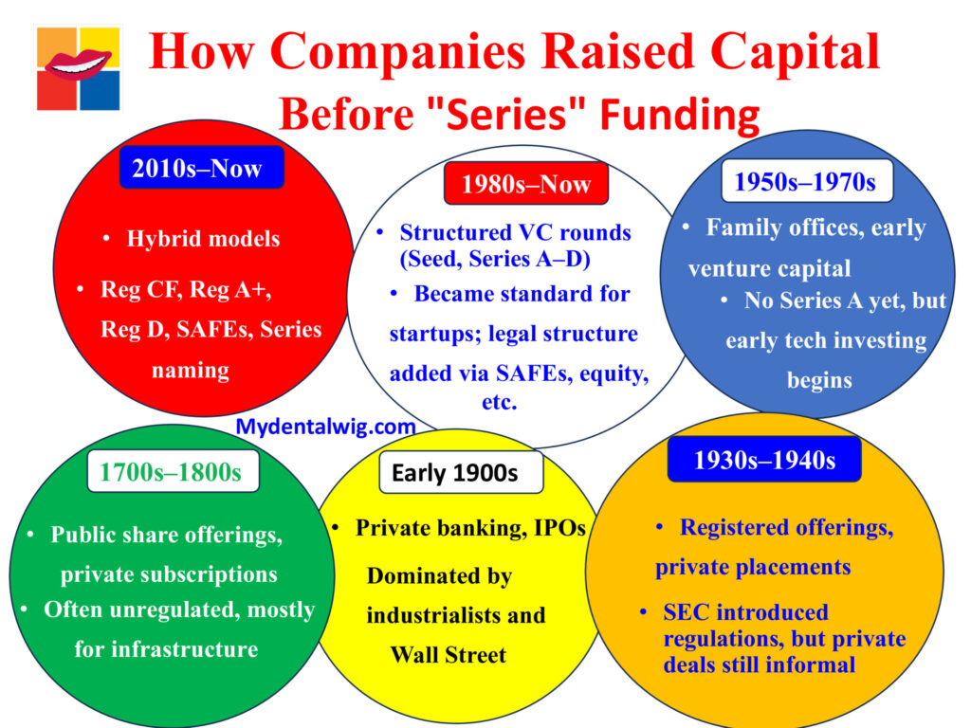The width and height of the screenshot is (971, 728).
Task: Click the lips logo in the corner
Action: tap(79, 67)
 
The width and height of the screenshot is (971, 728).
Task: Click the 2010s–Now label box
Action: tap(201, 168)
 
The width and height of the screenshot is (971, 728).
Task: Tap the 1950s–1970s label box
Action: tap(805, 181)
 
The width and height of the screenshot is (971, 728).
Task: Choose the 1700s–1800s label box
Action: tap(171, 471)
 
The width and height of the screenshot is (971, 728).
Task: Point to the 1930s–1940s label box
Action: tap(764, 460)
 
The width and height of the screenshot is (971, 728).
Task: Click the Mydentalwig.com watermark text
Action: tap(325, 427)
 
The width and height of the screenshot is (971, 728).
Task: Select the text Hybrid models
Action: tap(203, 239)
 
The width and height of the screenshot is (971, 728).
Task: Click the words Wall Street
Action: tap(448, 655)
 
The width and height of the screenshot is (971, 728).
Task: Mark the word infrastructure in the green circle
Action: tap(166, 649)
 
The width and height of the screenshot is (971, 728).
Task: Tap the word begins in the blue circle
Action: tap(819, 381)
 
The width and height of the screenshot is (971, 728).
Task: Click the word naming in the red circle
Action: tap(190, 370)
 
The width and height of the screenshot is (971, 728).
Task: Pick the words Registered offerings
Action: tap(786, 528)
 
